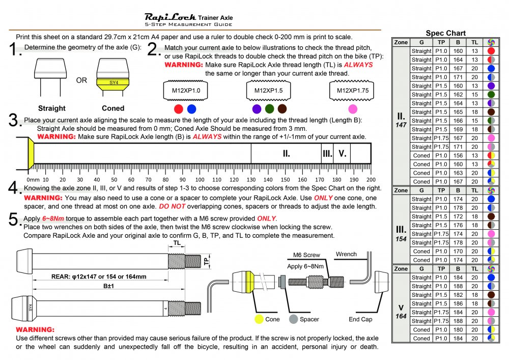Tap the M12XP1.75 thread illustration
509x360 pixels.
coord(351,91)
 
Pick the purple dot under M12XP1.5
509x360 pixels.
coord(257,109)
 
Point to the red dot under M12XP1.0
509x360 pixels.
coord(178,109)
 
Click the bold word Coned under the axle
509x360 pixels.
coord(113,108)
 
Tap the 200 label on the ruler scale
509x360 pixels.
coord(371,180)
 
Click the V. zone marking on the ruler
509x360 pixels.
coord(342,153)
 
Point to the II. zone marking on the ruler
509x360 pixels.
coord(286,153)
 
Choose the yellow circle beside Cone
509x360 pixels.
coord(259,319)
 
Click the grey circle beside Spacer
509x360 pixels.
coord(293,319)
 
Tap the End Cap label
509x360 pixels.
coord(360,319)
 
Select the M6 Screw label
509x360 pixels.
coord(306,255)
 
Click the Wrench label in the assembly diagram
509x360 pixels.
coord(346,254)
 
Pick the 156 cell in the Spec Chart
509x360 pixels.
coord(458,155)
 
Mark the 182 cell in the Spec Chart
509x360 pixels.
coord(458,294)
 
